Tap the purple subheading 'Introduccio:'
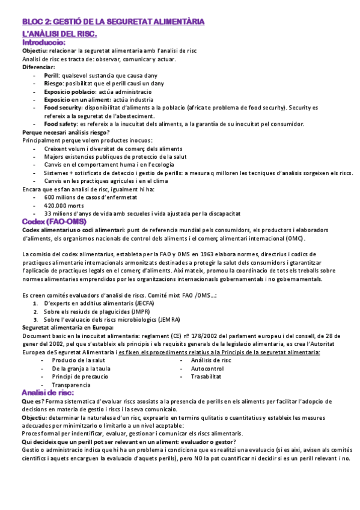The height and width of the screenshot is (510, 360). pos(44,43)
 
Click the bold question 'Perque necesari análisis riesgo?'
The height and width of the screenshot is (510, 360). pos(66,132)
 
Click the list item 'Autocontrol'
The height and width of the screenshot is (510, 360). pos(207,368)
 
